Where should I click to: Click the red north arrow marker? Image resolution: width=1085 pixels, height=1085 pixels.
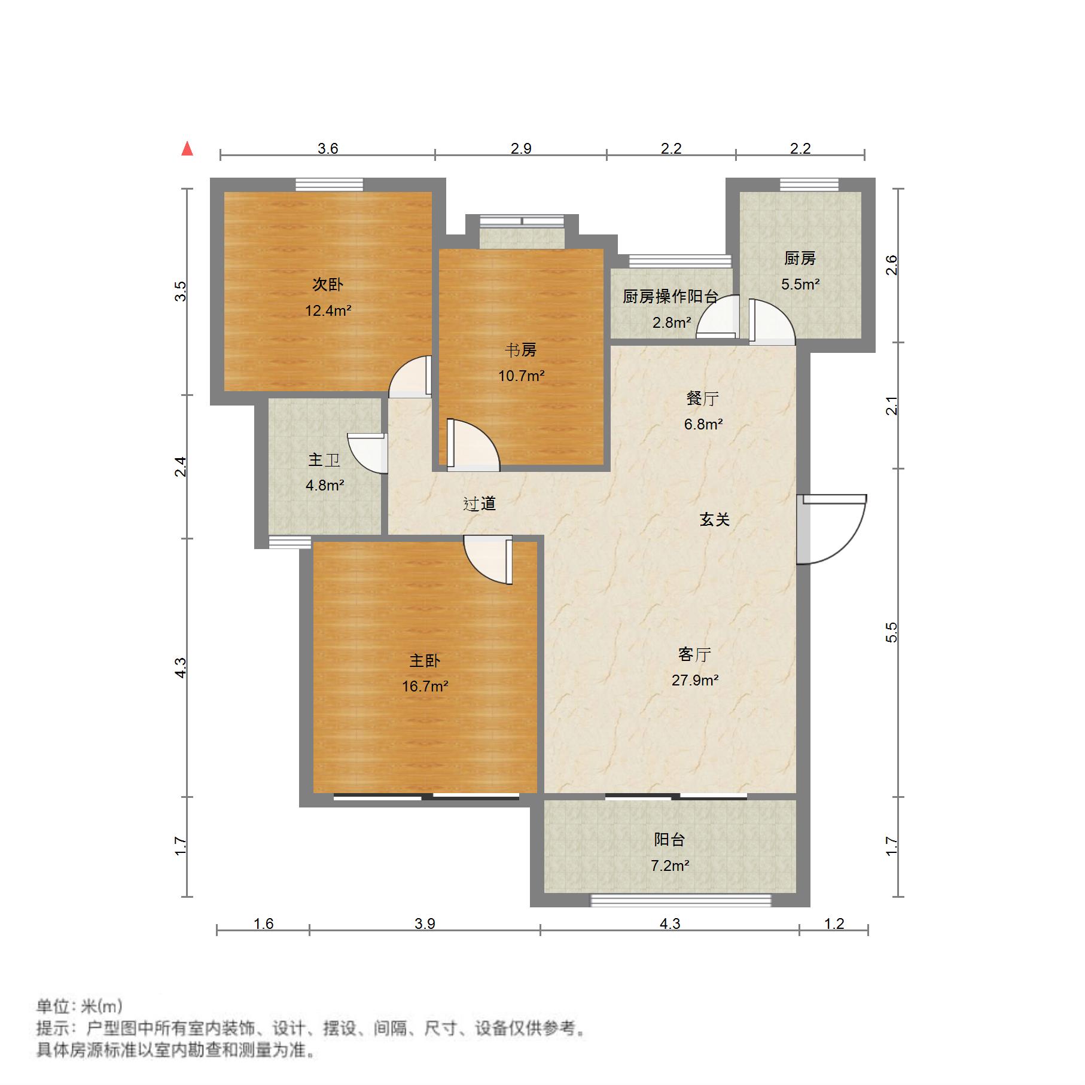tap(187, 148)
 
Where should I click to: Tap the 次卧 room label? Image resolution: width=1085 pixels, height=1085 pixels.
tap(328, 285)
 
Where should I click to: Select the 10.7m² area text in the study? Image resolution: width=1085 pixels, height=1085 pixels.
tap(522, 376)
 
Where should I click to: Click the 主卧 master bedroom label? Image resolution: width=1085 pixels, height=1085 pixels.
tap(425, 660)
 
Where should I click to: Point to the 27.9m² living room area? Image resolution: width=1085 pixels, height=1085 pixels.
tap(695, 680)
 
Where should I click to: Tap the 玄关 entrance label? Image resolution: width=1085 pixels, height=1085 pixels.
tap(715, 519)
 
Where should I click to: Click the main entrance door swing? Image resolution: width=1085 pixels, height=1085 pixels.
tap(832, 529)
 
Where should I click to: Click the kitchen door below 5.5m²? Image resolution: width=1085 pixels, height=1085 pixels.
tap(772, 322)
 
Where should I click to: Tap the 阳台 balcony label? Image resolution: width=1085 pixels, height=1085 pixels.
tap(669, 839)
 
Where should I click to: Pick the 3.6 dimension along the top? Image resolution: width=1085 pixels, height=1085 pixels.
tap(328, 148)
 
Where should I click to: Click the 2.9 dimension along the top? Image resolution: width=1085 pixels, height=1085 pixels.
tap(521, 148)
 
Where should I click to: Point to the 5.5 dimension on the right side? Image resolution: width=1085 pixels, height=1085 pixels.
tap(891, 632)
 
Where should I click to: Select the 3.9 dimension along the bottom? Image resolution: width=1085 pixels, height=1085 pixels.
tap(425, 924)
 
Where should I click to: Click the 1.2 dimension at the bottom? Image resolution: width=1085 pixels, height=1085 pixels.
tap(834, 924)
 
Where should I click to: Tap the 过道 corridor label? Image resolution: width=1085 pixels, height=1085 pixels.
tap(480, 504)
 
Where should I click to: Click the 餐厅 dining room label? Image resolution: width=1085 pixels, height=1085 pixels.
tap(703, 398)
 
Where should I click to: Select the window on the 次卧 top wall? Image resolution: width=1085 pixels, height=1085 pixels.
tap(330, 184)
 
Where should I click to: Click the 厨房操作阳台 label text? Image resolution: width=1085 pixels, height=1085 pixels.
tap(670, 296)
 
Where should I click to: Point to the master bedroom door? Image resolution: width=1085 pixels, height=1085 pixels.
tap(488, 560)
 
